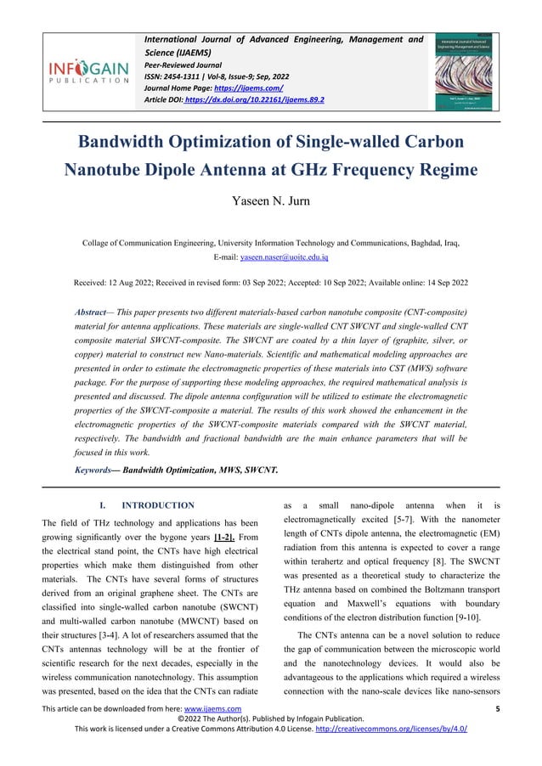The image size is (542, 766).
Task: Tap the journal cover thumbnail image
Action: (x=466, y=72)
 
